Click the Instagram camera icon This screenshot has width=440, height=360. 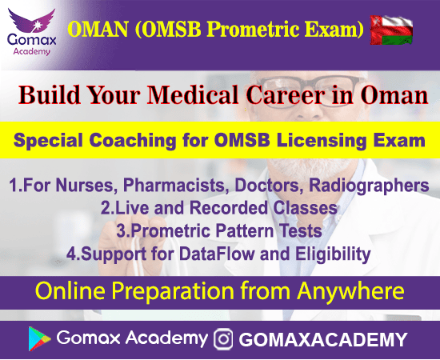pyautogui.click(x=225, y=338)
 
